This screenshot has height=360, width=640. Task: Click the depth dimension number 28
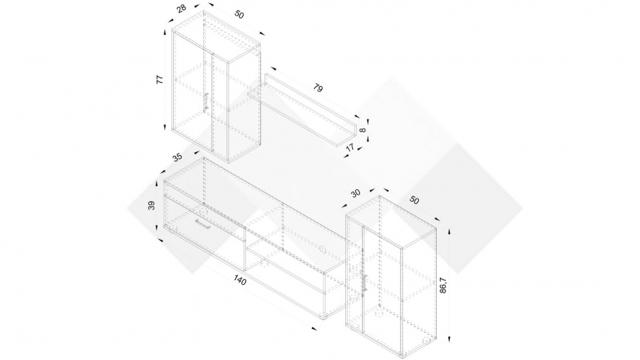point(181,9)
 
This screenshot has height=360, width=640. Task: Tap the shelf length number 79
point(318,88)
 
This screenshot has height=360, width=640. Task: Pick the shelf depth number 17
point(351,146)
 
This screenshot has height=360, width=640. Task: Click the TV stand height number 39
point(151,206)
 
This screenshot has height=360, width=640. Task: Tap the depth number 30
point(356,192)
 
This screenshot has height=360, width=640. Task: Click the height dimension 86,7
point(442,286)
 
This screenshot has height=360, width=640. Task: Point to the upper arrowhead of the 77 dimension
point(165,34)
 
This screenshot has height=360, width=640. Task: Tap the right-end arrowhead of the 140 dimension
point(314,329)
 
